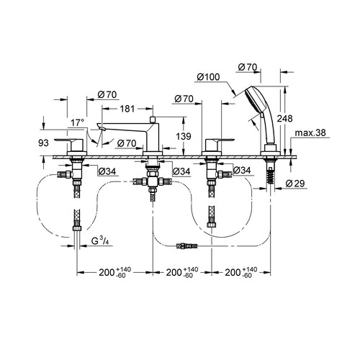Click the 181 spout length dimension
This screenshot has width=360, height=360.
127,109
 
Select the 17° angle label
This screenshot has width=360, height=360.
77,123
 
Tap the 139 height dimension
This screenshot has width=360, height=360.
184,136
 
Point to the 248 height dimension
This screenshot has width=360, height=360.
285,118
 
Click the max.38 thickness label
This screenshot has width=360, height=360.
310,132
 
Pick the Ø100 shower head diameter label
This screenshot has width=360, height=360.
208,77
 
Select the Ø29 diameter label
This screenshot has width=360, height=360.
295,184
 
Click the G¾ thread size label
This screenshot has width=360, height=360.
100,240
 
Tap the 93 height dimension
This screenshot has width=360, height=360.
43,143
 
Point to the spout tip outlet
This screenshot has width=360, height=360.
103,130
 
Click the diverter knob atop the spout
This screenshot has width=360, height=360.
153,120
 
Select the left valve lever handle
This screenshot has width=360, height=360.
69,145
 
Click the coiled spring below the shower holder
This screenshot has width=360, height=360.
271,175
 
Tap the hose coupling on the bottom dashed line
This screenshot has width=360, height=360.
186,246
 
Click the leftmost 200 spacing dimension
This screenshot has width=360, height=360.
114,272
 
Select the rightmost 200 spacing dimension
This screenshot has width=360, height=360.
240,272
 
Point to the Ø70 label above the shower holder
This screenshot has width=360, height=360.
248,68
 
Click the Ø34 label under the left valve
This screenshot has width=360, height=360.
107,171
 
